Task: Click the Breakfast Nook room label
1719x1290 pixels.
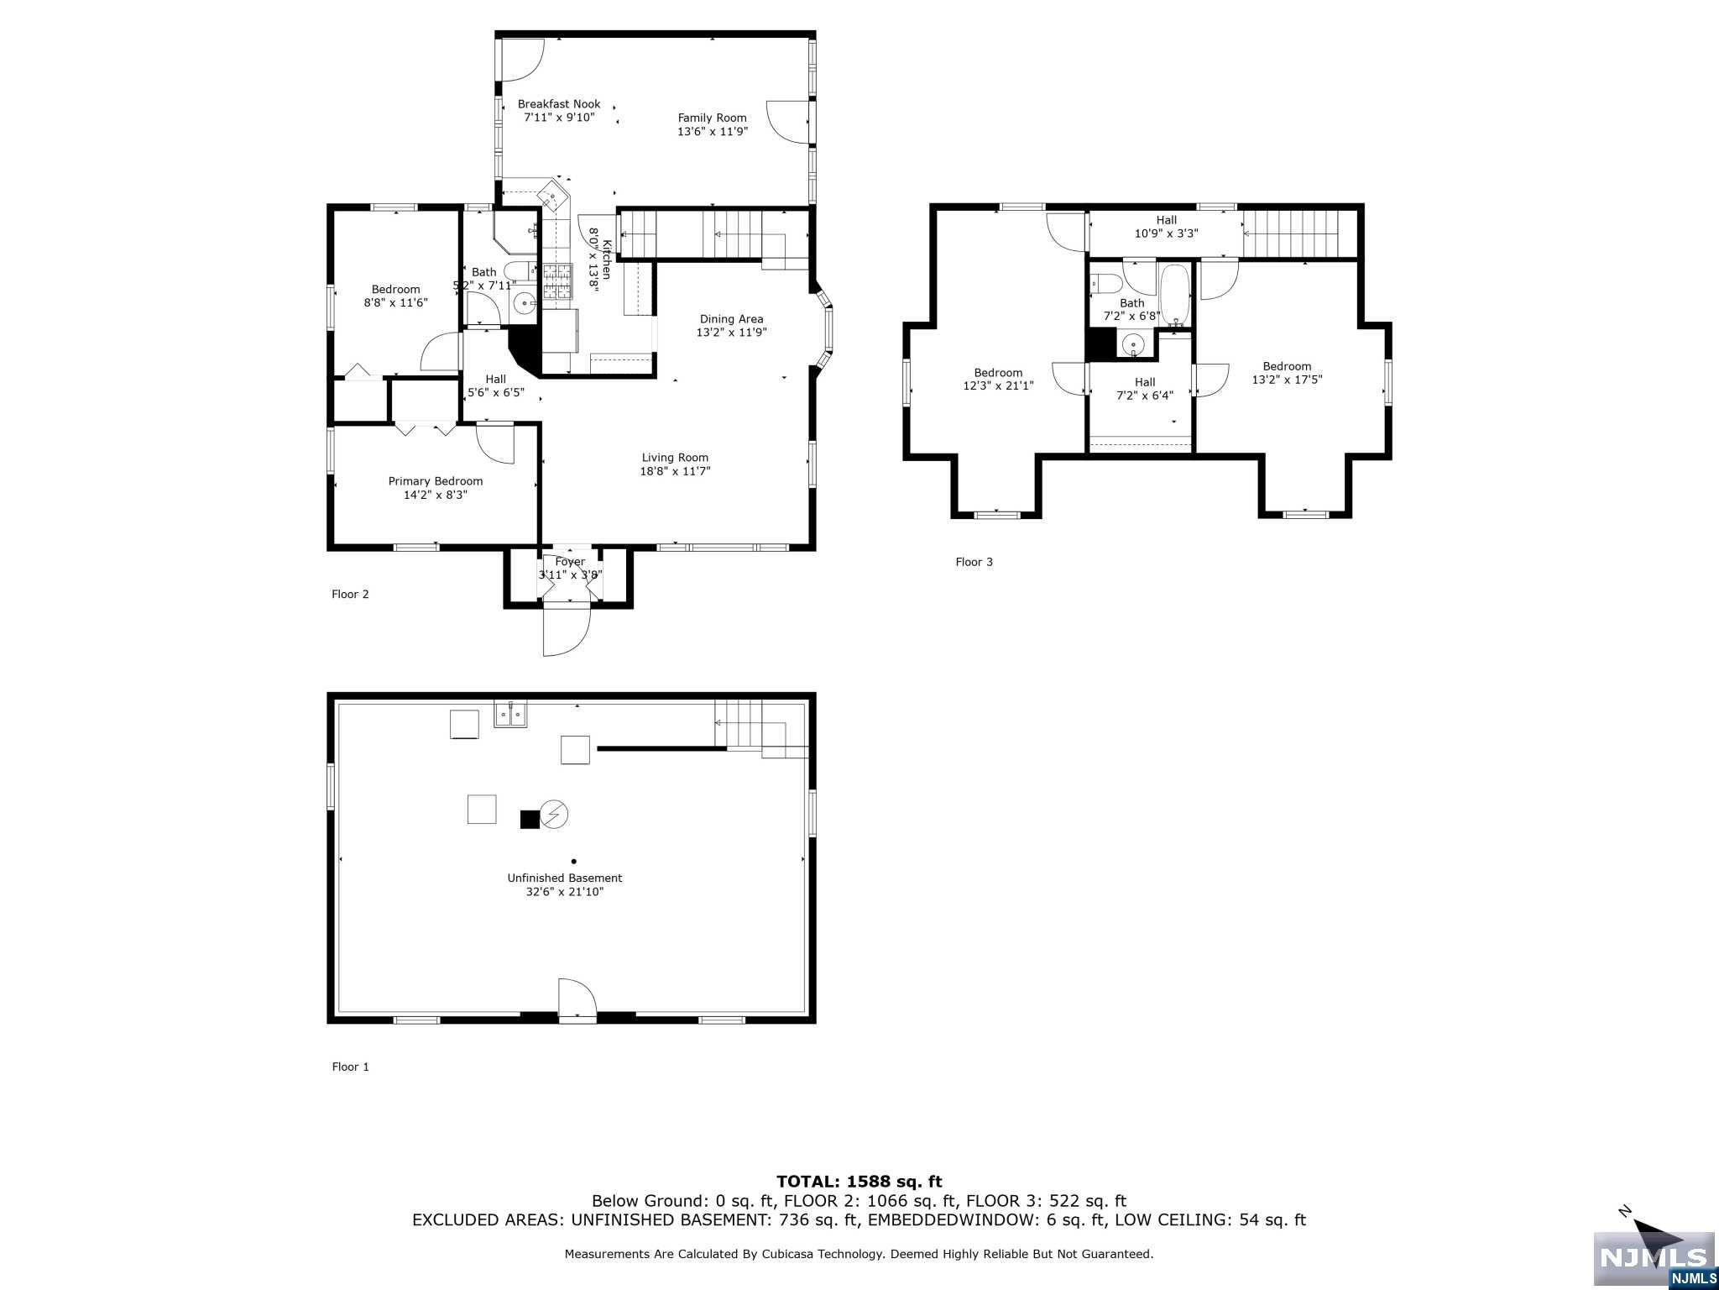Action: [x=559, y=104]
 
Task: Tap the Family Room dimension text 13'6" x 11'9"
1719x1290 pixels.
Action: [x=713, y=132]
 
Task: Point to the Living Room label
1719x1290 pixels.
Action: [x=675, y=458]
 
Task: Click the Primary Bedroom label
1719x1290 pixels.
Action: [x=435, y=481]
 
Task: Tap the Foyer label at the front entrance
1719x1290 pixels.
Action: [x=570, y=562]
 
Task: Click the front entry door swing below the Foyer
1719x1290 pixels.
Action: [x=566, y=630]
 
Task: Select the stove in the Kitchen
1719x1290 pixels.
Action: [x=555, y=281]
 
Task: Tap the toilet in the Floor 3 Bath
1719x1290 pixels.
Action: [x=1105, y=284]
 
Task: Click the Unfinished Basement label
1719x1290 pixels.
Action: [x=564, y=878]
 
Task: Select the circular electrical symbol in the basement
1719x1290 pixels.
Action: [x=554, y=814]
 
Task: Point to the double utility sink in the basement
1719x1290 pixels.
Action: [x=510, y=714]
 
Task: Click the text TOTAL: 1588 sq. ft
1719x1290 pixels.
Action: [x=859, y=1182]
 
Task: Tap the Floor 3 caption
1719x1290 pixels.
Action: [x=974, y=562]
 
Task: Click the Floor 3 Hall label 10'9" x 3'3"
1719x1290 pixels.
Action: [x=1166, y=227]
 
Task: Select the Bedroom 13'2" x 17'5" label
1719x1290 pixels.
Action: [x=1287, y=373]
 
